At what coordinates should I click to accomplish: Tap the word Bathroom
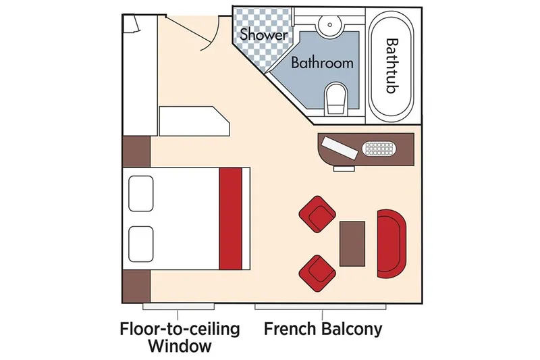(x=322, y=63)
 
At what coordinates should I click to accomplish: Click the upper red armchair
(x=317, y=213)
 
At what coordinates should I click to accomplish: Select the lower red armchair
(x=317, y=269)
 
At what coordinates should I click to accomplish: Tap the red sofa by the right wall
(x=391, y=242)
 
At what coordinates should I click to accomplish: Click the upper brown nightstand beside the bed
(x=136, y=151)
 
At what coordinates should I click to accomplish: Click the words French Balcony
(x=323, y=330)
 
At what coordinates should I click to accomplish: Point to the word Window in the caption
(x=179, y=347)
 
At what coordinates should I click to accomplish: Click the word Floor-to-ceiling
(x=179, y=330)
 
